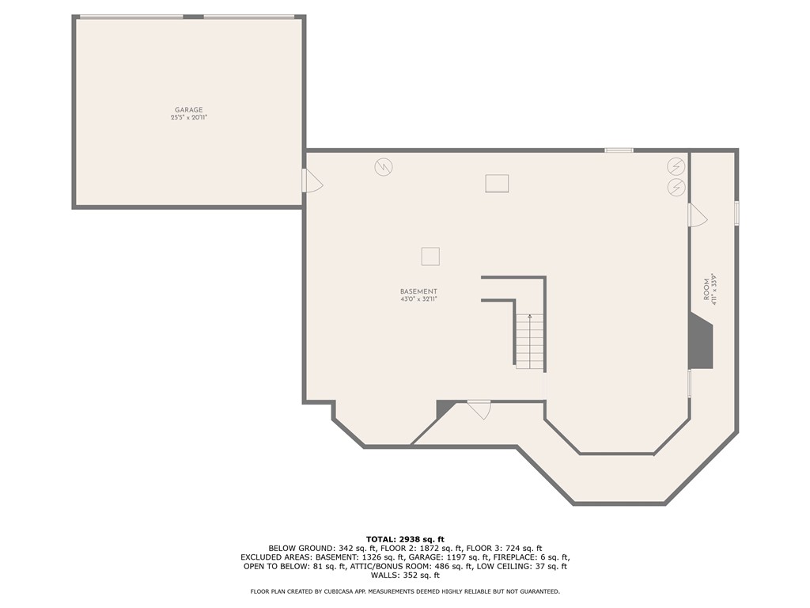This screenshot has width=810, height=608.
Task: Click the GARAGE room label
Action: pos(189,110)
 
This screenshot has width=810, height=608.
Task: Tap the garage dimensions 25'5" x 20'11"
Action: pos(189,118)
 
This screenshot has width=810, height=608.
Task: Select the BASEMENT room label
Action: pos(418,291)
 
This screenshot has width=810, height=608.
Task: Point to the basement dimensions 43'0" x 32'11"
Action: pos(418,299)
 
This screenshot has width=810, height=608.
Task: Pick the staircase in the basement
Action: pos(530,341)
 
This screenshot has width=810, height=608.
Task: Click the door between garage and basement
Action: pos(312,181)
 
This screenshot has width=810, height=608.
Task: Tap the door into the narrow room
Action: pos(697,215)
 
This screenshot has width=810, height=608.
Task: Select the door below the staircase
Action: pos(479,409)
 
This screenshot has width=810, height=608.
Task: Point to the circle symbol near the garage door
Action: pos(384,167)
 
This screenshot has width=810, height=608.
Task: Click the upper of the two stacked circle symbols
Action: pos(676,166)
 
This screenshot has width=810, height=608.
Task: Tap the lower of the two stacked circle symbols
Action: pos(676,188)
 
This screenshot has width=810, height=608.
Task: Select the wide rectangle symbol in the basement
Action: pos(497,184)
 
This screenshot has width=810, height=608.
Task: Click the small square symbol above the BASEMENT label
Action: pos(430,256)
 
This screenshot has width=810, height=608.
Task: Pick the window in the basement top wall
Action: pos(619,150)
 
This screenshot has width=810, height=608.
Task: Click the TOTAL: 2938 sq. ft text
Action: pos(405,539)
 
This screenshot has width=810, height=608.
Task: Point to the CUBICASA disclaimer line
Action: pos(405,591)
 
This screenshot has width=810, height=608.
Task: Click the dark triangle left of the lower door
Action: pos(444,408)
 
